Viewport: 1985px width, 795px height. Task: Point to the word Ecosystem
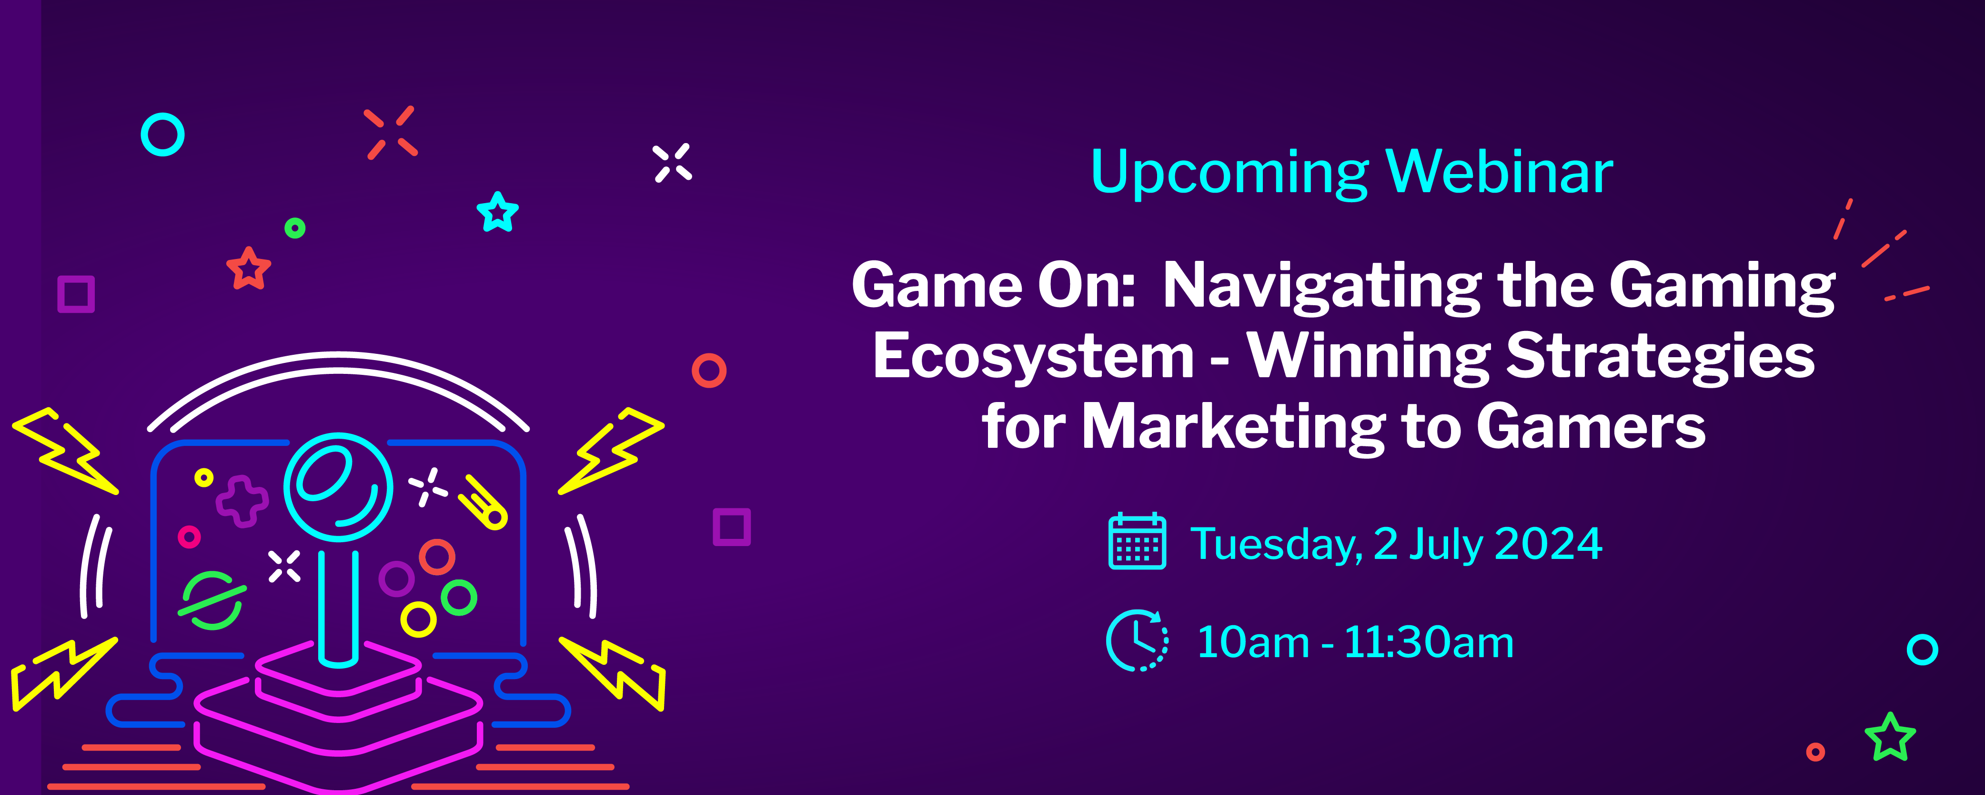tap(1033, 358)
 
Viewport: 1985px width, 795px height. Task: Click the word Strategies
tap(1661, 358)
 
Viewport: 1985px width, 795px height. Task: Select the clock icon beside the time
tap(1137, 640)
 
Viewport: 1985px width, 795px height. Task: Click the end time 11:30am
tap(1430, 642)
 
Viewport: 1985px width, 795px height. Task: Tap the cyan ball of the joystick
tap(338, 486)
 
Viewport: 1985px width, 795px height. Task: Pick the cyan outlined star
tap(498, 212)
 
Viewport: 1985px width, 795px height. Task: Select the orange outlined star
tap(249, 268)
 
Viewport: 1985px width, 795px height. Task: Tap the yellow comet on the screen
tap(483, 503)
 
